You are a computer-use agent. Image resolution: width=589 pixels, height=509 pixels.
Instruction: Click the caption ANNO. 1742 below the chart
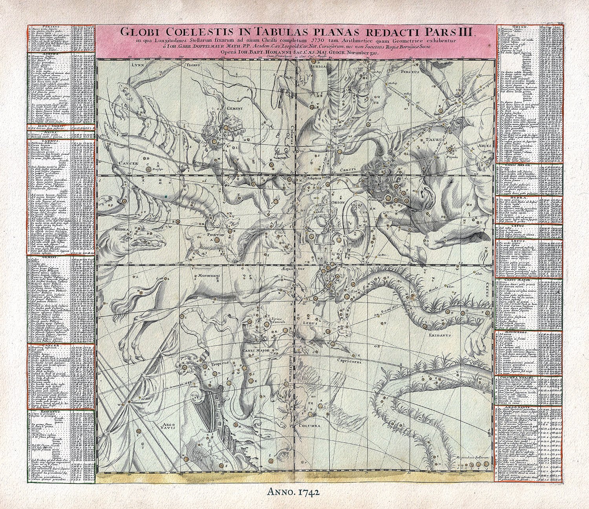point(295,491)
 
